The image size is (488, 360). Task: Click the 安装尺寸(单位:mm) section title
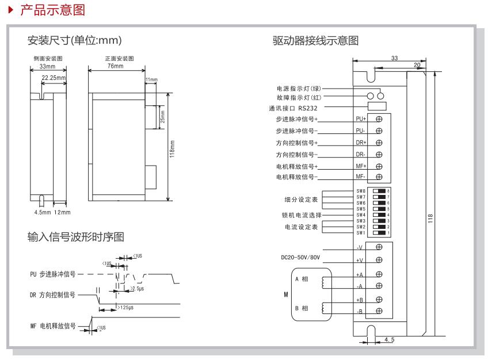(x=75, y=41)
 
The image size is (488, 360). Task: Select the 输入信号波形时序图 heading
(x=75, y=237)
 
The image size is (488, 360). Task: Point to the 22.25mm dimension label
(x=54, y=76)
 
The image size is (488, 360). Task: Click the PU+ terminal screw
(x=379, y=119)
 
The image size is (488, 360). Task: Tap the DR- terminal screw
(x=379, y=154)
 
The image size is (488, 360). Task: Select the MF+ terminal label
(x=361, y=166)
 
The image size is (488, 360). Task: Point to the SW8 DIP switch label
(x=361, y=190)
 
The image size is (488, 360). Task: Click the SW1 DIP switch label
(x=361, y=233)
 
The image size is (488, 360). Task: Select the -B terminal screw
(x=379, y=311)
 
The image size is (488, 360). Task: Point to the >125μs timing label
(x=127, y=308)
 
